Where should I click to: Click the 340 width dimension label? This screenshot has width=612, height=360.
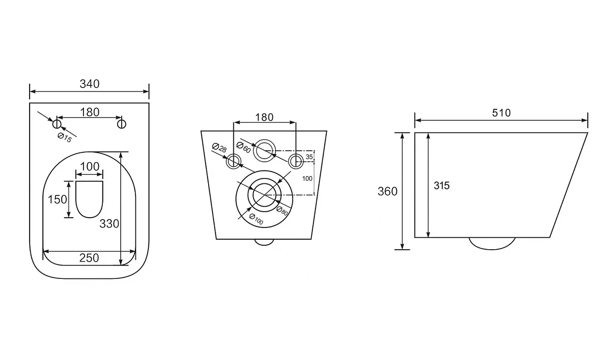coord(89,84)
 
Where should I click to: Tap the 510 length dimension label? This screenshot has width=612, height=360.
coord(501,113)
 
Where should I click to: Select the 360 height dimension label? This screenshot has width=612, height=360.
coord(388,191)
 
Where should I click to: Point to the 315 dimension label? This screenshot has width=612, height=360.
coord(441,185)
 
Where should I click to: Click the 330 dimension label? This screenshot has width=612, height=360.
coord(109,224)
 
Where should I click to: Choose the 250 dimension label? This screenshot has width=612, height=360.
coord(89,258)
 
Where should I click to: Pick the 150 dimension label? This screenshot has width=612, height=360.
coord(57,200)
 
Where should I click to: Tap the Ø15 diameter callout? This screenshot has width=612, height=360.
coord(65,138)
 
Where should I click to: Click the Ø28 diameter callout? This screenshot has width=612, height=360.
coord(219,147)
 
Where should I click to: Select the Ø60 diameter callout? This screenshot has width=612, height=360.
coord(244,147)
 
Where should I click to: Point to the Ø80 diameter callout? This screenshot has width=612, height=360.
coord(282,211)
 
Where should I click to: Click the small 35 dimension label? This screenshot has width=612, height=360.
coord(309,157)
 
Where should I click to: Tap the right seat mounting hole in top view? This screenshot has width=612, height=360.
coord(122,124)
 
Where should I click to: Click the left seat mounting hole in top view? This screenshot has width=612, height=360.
coord(57,124)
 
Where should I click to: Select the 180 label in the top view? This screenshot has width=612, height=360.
coord(89,112)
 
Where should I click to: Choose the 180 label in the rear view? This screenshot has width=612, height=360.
coord(264,117)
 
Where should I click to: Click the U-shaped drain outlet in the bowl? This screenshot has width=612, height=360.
coord(89,218)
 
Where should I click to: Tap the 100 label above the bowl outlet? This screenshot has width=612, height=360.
coord(89,167)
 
